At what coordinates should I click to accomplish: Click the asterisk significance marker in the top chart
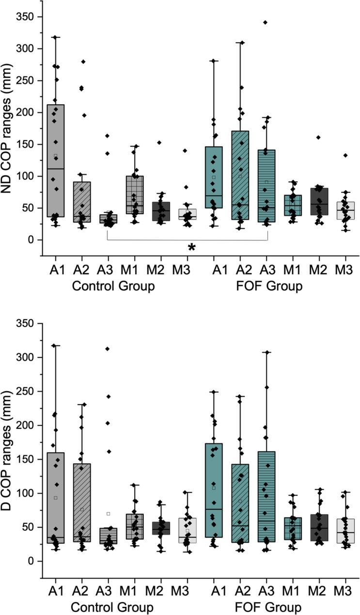[x=192, y=247]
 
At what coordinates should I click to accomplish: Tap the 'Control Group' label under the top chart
[x=113, y=286]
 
